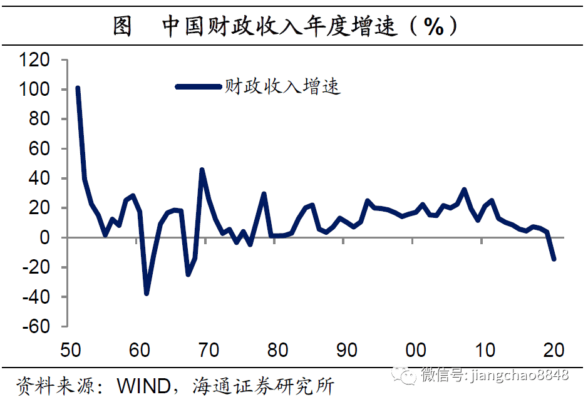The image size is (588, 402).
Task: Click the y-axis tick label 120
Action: tap(34, 59)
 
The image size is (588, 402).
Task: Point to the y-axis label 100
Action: tap(34, 90)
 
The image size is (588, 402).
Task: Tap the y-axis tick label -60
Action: tap(36, 326)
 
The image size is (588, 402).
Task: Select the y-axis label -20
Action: tap(36, 267)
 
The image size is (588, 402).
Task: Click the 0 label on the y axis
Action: tap(44, 237)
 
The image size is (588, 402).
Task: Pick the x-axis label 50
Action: tap(71, 350)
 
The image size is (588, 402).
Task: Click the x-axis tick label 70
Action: tap(209, 350)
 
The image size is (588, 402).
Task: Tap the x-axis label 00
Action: tap(416, 350)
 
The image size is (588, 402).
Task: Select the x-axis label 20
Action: tap(554, 350)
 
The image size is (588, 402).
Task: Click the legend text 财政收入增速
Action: tap(282, 86)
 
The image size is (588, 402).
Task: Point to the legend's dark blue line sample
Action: tap(199, 86)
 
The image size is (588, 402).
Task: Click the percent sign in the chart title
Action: tap(434, 27)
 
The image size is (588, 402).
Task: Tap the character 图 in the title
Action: tap(122, 26)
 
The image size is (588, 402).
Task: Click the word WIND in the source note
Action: tap(144, 386)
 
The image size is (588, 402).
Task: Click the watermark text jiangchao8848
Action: tap(520, 374)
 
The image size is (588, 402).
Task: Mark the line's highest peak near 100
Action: tap(78, 88)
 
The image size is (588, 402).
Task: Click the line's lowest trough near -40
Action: tap(147, 293)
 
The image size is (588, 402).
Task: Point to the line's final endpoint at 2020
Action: tap(554, 259)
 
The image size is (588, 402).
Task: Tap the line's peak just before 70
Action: tap(202, 170)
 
